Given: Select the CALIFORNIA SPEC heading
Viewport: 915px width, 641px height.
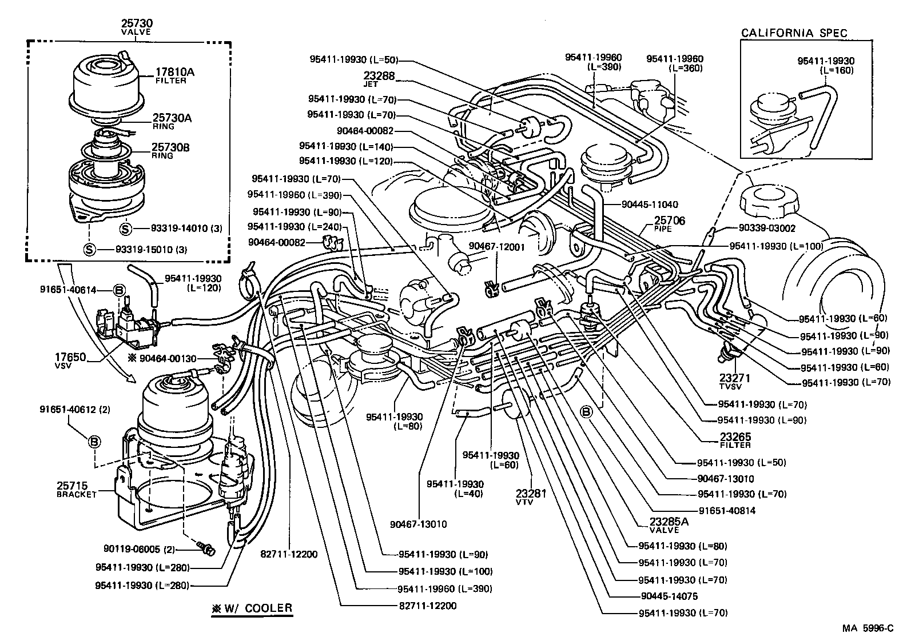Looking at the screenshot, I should click(x=794, y=33).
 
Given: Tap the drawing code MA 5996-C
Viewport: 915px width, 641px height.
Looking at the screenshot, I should click(x=867, y=628).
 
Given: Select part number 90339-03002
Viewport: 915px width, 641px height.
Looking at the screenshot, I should click(x=766, y=228).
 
